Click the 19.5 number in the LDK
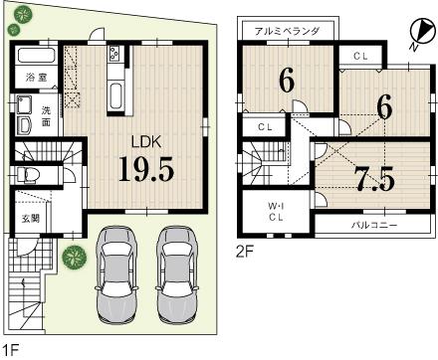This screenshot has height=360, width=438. (146, 168)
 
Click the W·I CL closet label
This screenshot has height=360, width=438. (275, 212)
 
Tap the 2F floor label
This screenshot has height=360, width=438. (244, 252)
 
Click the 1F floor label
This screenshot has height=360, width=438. (11, 349)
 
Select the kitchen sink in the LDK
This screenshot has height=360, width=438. (112, 97)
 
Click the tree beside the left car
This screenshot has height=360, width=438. (72, 258)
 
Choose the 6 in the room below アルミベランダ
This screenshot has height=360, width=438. (288, 83)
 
